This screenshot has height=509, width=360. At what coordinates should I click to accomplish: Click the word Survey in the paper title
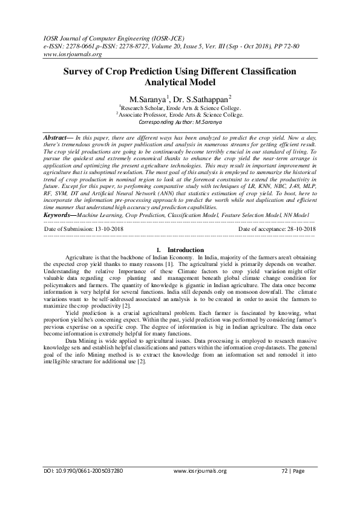point(80,71)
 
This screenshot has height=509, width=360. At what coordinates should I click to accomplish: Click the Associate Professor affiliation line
point(180,114)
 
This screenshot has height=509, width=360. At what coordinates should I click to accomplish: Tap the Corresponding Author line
point(180,121)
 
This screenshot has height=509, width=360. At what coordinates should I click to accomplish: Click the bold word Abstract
point(55,138)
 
